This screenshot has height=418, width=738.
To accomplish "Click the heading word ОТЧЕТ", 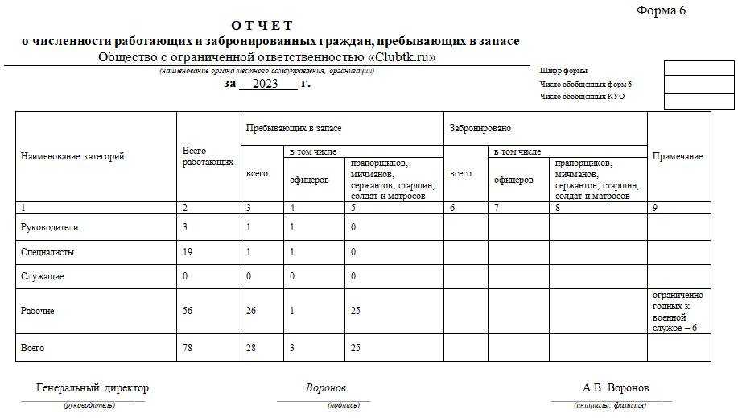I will (x=262, y=26).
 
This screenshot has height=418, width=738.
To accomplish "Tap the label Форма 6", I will (x=661, y=10).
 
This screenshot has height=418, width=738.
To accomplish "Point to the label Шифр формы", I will (x=563, y=72).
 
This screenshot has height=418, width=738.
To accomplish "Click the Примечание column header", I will (x=678, y=156).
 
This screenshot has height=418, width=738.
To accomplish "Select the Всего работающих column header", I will (x=208, y=156).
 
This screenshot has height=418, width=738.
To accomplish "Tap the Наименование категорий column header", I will (x=72, y=156).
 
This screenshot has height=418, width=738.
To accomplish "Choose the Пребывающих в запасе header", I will (x=293, y=128).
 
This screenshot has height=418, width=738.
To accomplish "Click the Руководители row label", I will (x=49, y=227).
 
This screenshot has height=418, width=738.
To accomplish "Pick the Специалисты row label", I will (x=47, y=252).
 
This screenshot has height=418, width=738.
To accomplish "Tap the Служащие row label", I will (x=43, y=276).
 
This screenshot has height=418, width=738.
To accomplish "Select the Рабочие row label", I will (x=37, y=311).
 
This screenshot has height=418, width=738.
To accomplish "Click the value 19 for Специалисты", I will (x=188, y=252).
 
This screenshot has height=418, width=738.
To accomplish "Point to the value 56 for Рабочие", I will (x=188, y=311).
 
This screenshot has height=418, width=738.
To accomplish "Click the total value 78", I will (x=188, y=348).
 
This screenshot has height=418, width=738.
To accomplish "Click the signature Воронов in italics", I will (x=326, y=388).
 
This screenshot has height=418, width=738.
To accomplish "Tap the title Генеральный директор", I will (x=93, y=388).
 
